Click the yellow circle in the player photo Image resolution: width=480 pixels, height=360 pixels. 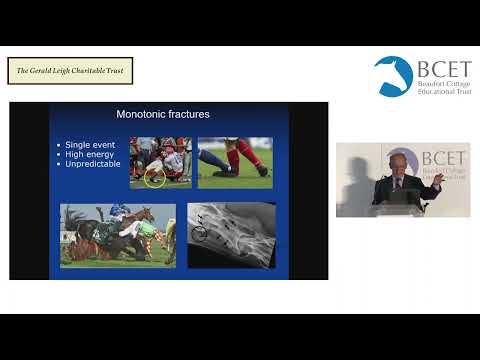(x=154, y=179)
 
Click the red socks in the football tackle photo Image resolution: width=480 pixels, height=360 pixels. (x=232, y=157)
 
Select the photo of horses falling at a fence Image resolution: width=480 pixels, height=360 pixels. (x=117, y=235)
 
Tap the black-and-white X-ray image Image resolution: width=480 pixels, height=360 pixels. (x=231, y=235)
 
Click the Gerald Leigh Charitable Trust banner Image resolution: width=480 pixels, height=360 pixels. (x=70, y=71)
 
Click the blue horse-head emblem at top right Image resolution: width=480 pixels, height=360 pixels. (x=393, y=76)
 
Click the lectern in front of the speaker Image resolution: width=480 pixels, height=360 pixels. (x=399, y=205)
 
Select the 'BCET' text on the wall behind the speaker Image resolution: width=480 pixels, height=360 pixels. (x=442, y=158)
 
